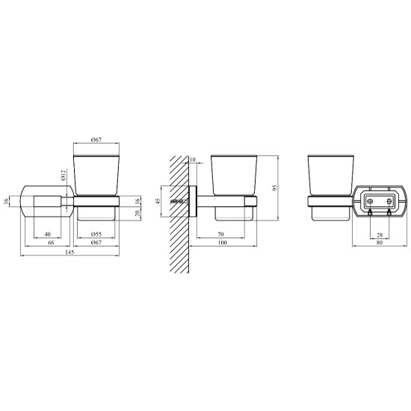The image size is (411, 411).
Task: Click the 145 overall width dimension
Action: (70, 252)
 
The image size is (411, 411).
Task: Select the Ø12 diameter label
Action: (64, 175)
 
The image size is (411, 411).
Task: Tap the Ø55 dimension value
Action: (96, 234)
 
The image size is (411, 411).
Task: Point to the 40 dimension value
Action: (47, 234)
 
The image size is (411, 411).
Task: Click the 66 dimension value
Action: (51, 242)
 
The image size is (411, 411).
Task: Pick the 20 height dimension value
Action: (138, 214)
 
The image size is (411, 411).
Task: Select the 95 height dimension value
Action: (274, 188)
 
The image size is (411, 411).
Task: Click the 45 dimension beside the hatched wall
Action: (158, 201)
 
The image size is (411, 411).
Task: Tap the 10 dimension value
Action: (192, 159)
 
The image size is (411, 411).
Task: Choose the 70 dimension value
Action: (220, 234)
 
